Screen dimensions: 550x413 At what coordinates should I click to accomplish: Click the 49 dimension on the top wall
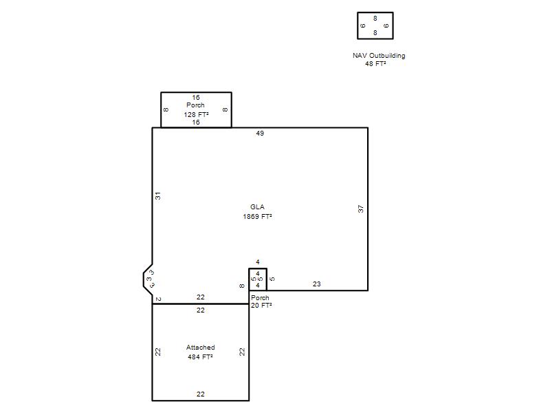260,134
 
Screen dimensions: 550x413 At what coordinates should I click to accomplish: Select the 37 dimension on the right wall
361,209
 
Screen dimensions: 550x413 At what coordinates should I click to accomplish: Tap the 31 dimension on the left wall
158,196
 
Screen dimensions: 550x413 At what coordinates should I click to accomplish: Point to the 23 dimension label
316,284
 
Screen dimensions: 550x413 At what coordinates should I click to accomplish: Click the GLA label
257,207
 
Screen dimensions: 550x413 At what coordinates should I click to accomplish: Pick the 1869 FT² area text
257,216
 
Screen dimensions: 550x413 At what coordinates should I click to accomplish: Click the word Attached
200,348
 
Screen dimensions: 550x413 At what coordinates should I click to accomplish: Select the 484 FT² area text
200,357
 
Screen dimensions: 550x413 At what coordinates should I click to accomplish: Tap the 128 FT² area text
196,114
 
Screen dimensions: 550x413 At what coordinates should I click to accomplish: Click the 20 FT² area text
261,306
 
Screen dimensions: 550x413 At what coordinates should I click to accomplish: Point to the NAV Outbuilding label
379,56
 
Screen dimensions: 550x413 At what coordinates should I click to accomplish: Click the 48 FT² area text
375,63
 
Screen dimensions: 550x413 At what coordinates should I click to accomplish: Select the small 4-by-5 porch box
258,269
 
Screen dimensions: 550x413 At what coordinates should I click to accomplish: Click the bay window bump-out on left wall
144,279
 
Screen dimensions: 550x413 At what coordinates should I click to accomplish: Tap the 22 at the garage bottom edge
200,394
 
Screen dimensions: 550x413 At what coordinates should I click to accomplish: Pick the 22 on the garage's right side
242,352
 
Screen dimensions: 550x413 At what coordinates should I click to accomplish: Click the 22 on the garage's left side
158,352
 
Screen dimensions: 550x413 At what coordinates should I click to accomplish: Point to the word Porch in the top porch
195,105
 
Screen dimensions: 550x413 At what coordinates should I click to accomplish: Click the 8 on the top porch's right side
225,109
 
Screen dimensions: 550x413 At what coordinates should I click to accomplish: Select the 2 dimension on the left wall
158,299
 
